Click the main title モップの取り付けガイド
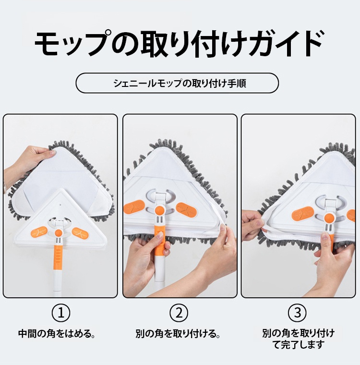(x=179, y=43)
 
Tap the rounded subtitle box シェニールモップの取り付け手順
(x=177, y=83)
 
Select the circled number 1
(x=61, y=313)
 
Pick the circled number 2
(x=179, y=313)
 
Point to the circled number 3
(x=298, y=313)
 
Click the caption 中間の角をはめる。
(x=57, y=334)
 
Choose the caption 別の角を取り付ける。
(x=178, y=334)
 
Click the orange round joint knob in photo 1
(x=59, y=232)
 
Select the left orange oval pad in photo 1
(x=39, y=232)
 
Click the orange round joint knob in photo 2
(x=159, y=210)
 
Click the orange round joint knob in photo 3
(x=329, y=219)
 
